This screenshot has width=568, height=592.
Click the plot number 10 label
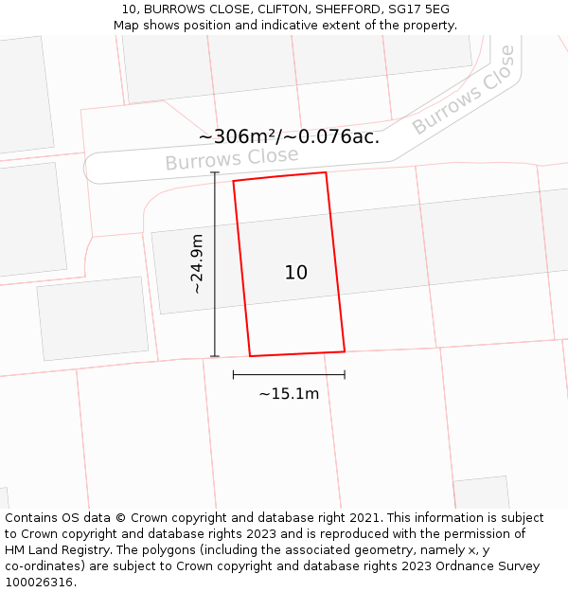point(295,273)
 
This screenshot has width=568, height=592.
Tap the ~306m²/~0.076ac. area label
point(289,137)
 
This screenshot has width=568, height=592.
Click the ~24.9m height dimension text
point(197,264)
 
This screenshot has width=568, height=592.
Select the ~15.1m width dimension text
point(289,394)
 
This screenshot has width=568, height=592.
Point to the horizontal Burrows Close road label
point(232,158)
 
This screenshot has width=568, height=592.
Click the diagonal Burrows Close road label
point(464,90)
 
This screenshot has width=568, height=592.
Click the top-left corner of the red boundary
point(233,181)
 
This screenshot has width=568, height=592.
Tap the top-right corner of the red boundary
point(326,172)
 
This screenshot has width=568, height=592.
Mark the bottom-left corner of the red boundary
point(250,356)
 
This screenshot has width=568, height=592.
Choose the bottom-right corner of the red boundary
point(345,351)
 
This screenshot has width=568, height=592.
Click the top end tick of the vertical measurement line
point(215,173)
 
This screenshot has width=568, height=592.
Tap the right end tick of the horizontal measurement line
point(345,375)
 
